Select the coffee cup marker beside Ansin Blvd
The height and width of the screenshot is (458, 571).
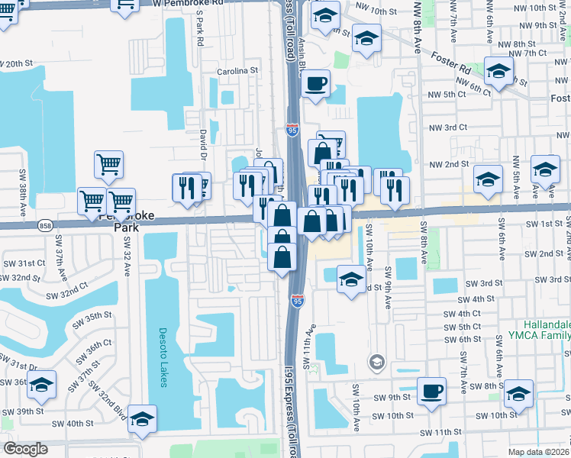(x=316, y=84)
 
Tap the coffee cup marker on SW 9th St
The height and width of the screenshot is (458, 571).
(x=432, y=391)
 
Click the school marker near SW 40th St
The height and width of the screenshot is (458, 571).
(x=143, y=419)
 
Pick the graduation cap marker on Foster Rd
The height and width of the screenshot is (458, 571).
(x=499, y=73)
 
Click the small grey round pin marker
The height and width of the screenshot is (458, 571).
(x=376, y=361)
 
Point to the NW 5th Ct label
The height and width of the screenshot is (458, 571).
(x=447, y=94)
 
